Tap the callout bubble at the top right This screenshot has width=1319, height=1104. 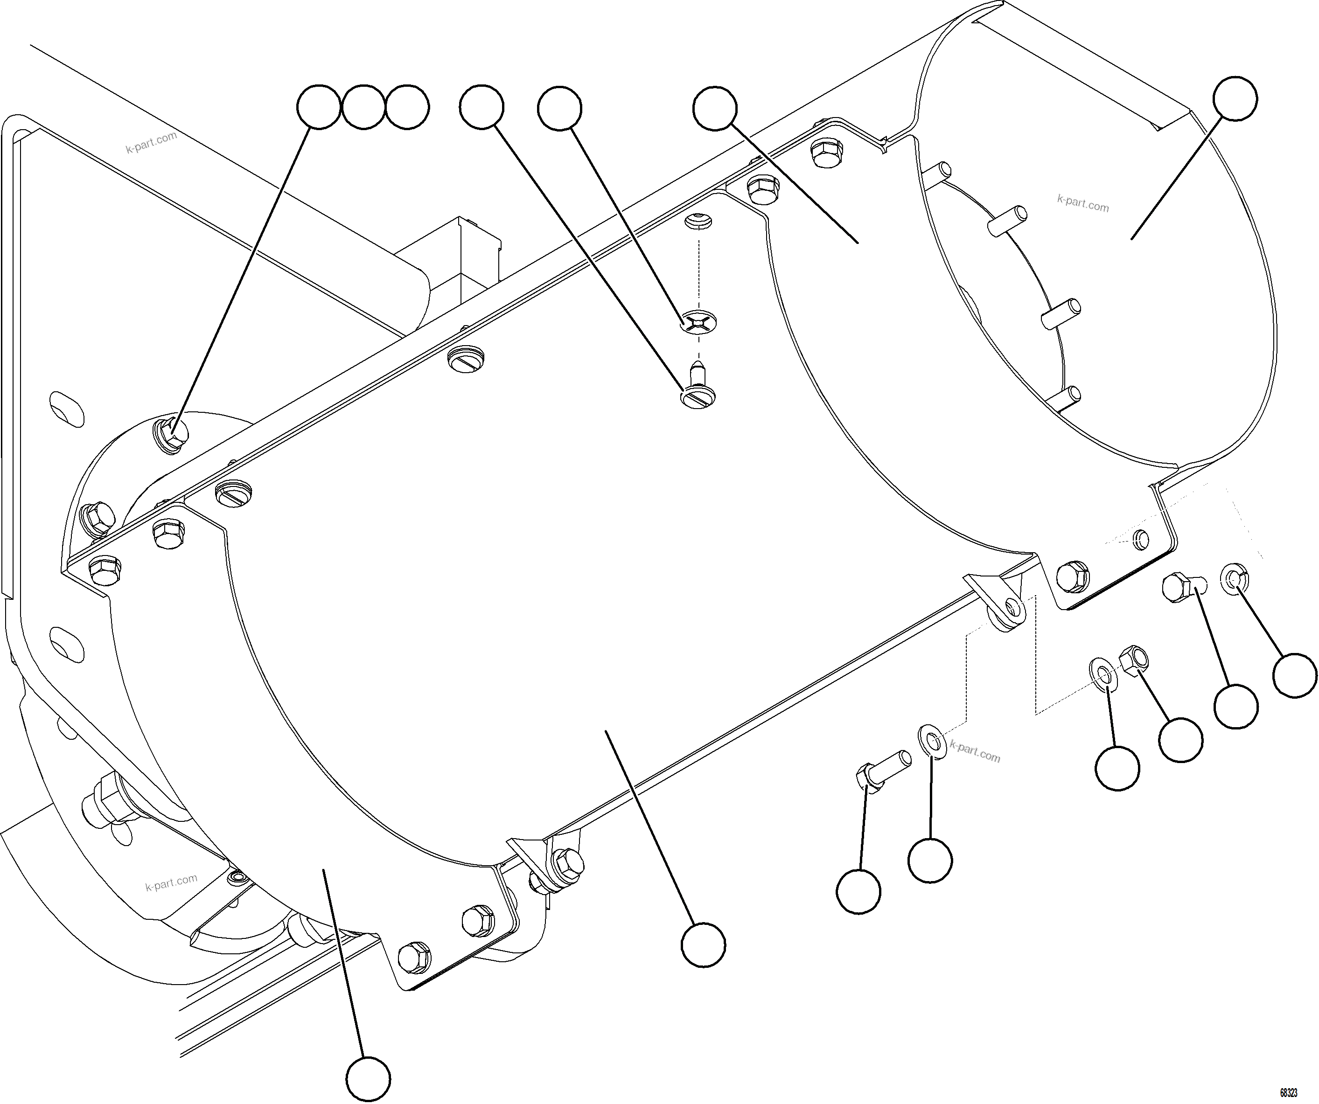click(1235, 98)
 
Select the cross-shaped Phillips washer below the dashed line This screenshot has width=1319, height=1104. click(698, 323)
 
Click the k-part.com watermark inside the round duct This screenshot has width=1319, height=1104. click(1083, 203)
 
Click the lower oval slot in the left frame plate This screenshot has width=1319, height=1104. click(67, 642)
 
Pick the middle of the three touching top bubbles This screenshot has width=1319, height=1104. click(363, 108)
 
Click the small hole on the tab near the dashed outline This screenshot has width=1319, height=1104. click(1141, 538)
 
